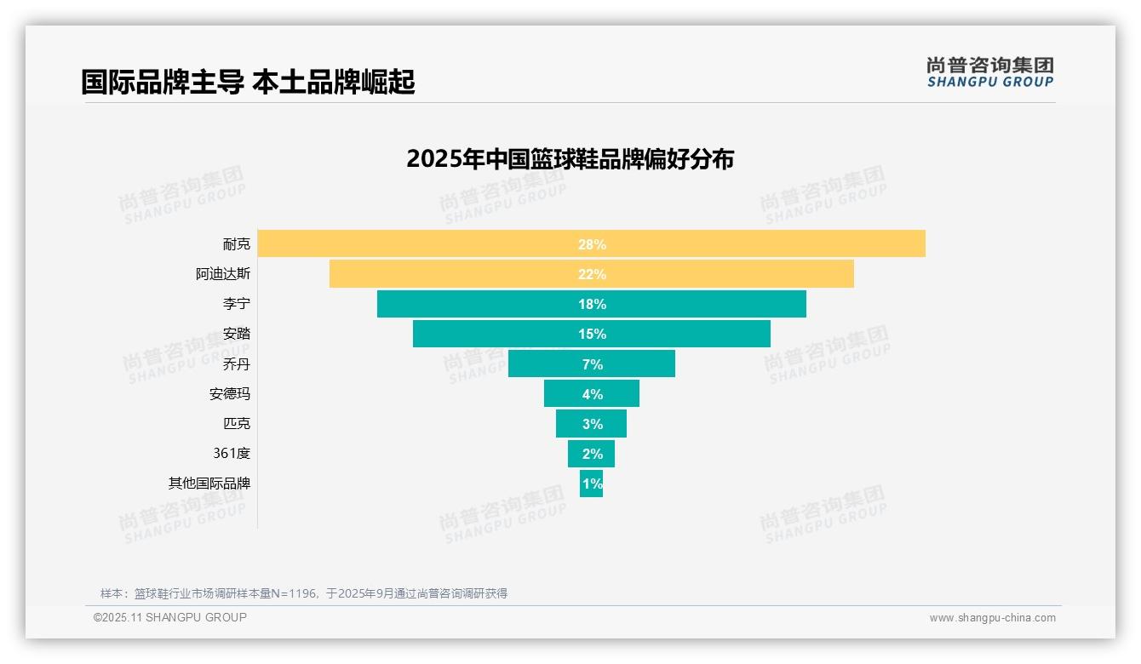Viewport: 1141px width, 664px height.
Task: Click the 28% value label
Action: pos(592,244)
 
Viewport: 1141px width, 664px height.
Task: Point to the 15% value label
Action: pos(592,334)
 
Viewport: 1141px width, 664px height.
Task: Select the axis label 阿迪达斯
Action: pos(223,274)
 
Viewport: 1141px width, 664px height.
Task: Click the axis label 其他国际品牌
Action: pos(209,484)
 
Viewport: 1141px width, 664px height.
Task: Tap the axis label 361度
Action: pos(232,454)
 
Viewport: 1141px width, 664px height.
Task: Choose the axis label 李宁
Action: pos(237,304)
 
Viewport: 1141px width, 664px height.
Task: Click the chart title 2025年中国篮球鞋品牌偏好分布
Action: pos(570,159)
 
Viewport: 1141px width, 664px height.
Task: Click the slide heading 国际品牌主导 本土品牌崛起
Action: pos(248,83)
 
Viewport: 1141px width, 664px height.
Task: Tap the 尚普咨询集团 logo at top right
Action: pos(989,72)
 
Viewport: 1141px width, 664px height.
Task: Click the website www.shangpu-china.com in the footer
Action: pos(992,618)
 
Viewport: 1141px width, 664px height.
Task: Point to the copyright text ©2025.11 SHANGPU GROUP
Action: pos(170,617)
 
